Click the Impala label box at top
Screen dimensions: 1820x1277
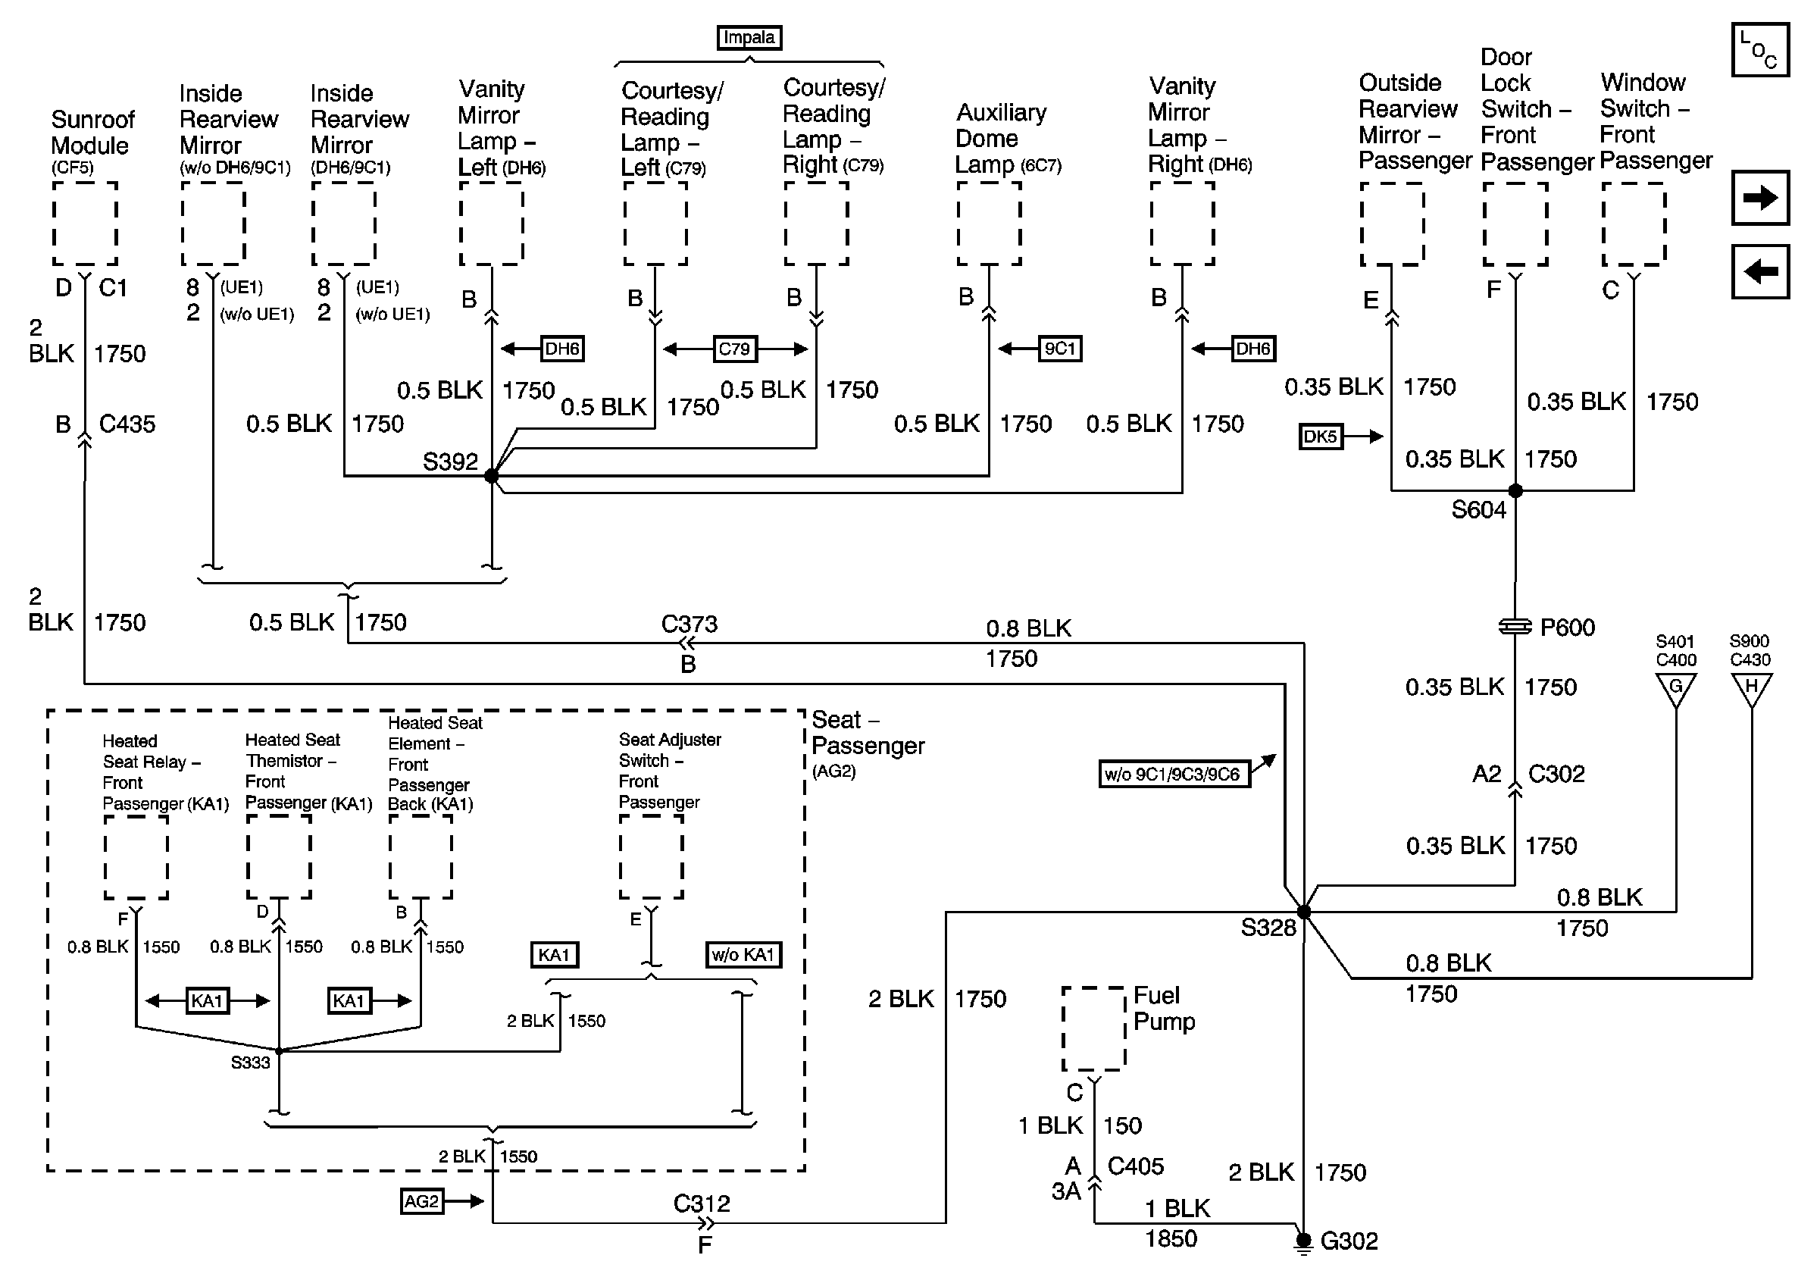click(x=749, y=38)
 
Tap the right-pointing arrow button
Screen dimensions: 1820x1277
click(x=1761, y=197)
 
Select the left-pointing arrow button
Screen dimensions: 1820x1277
click(x=1761, y=272)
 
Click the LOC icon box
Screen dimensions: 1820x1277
click(x=1761, y=50)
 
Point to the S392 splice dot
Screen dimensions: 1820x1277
click(x=492, y=476)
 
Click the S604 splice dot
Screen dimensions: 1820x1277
click(x=1515, y=490)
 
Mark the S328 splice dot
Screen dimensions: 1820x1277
click(x=1303, y=912)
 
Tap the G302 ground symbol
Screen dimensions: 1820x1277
click(x=1303, y=1242)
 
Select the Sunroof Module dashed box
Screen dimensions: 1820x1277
click(x=85, y=224)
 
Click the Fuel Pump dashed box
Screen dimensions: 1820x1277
click(x=1094, y=1029)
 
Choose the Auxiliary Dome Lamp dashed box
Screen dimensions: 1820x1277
click(x=989, y=224)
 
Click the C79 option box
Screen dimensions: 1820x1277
click(x=735, y=349)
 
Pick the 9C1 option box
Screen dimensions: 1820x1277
click(x=1060, y=349)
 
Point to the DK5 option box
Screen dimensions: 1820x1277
click(x=1321, y=436)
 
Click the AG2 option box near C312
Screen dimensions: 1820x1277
click(x=422, y=1201)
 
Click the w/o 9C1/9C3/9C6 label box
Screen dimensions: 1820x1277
click(x=1174, y=774)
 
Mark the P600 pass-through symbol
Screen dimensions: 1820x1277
click(x=1515, y=627)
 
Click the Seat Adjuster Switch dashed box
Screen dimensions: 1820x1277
click(x=651, y=857)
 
